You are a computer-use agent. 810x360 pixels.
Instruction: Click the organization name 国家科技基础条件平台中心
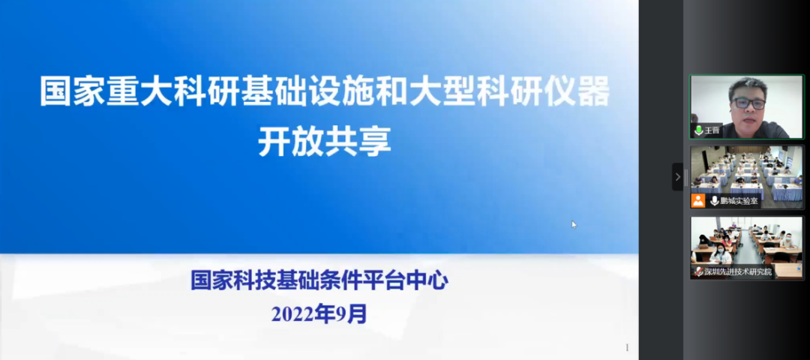pyautogui.click(x=319, y=281)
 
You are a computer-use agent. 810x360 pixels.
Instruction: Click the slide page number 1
pyautogui.click(x=627, y=347)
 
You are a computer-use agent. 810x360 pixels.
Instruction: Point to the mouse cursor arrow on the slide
pyautogui.click(x=574, y=224)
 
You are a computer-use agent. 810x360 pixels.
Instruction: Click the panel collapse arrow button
pyautogui.click(x=678, y=177)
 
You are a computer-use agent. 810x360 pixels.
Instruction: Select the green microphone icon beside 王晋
pyautogui.click(x=699, y=130)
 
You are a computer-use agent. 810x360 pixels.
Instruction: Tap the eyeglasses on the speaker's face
pyautogui.click(x=748, y=103)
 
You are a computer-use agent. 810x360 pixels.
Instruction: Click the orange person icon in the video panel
pyautogui.click(x=698, y=201)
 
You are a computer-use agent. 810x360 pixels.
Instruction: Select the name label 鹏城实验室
pyautogui.click(x=739, y=201)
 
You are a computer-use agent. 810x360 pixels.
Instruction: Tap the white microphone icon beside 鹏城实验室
pyautogui.click(x=715, y=201)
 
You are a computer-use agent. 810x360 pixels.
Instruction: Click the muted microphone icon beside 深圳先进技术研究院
pyautogui.click(x=698, y=271)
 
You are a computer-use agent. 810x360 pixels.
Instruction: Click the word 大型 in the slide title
pyautogui.click(x=442, y=92)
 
